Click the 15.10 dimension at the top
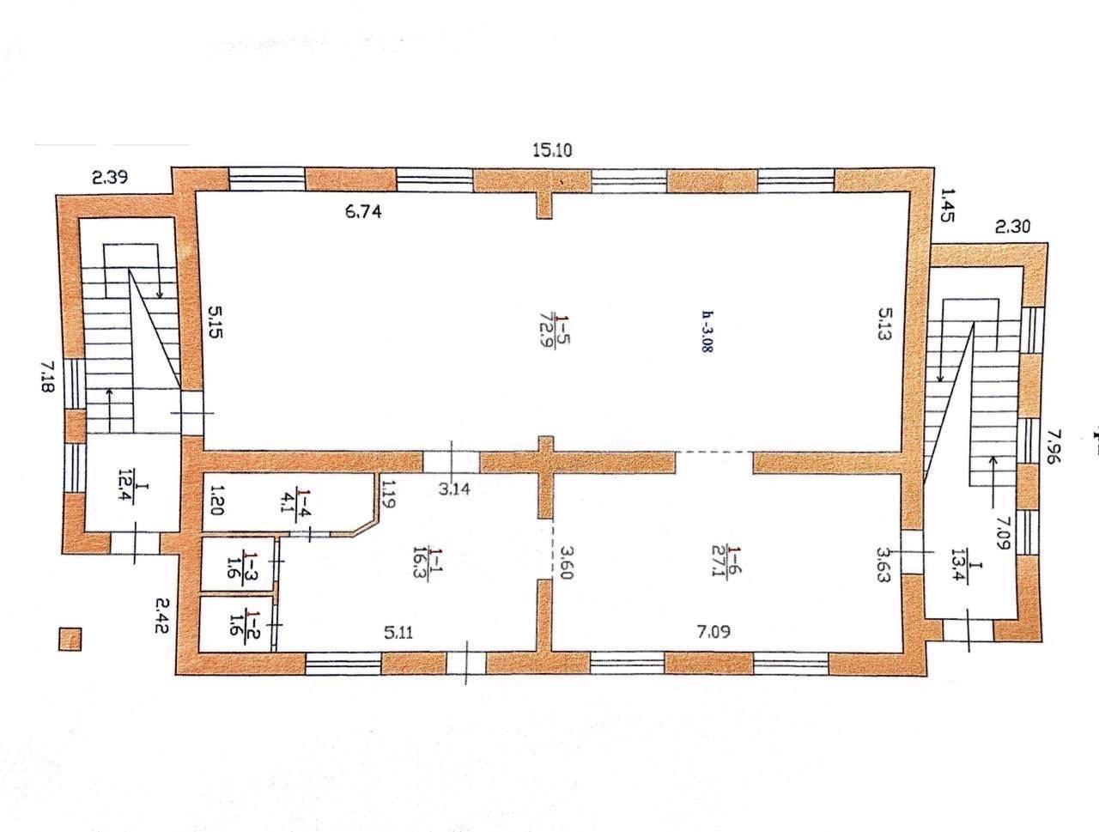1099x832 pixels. click(x=552, y=150)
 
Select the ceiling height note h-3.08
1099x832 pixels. click(x=707, y=332)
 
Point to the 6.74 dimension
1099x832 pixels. click(x=363, y=212)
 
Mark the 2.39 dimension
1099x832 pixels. click(x=110, y=177)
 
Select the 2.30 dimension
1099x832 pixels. click(x=1012, y=227)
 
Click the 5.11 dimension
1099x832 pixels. click(x=398, y=633)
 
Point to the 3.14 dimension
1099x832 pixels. click(x=454, y=489)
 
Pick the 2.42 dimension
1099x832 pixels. click(x=161, y=616)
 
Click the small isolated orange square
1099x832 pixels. click(x=70, y=640)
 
